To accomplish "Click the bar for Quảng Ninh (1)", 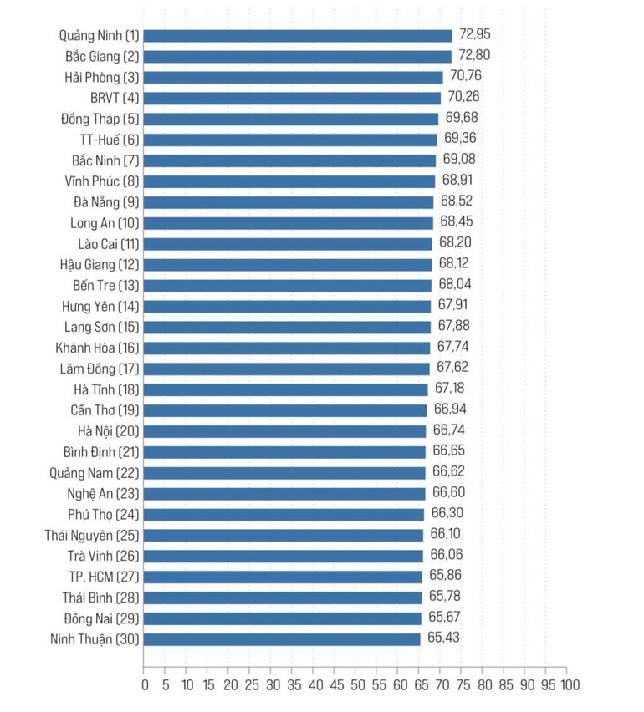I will (297, 36).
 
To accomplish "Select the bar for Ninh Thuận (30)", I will (281, 639).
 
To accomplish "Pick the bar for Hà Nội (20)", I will (284, 431).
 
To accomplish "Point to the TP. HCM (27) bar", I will (283, 577).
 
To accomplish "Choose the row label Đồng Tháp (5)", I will (100, 119).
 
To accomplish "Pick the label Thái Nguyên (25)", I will (92, 535).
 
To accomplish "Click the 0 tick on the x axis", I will (144, 686).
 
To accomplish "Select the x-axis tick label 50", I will (355, 686).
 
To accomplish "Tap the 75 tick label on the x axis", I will (461, 686).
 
